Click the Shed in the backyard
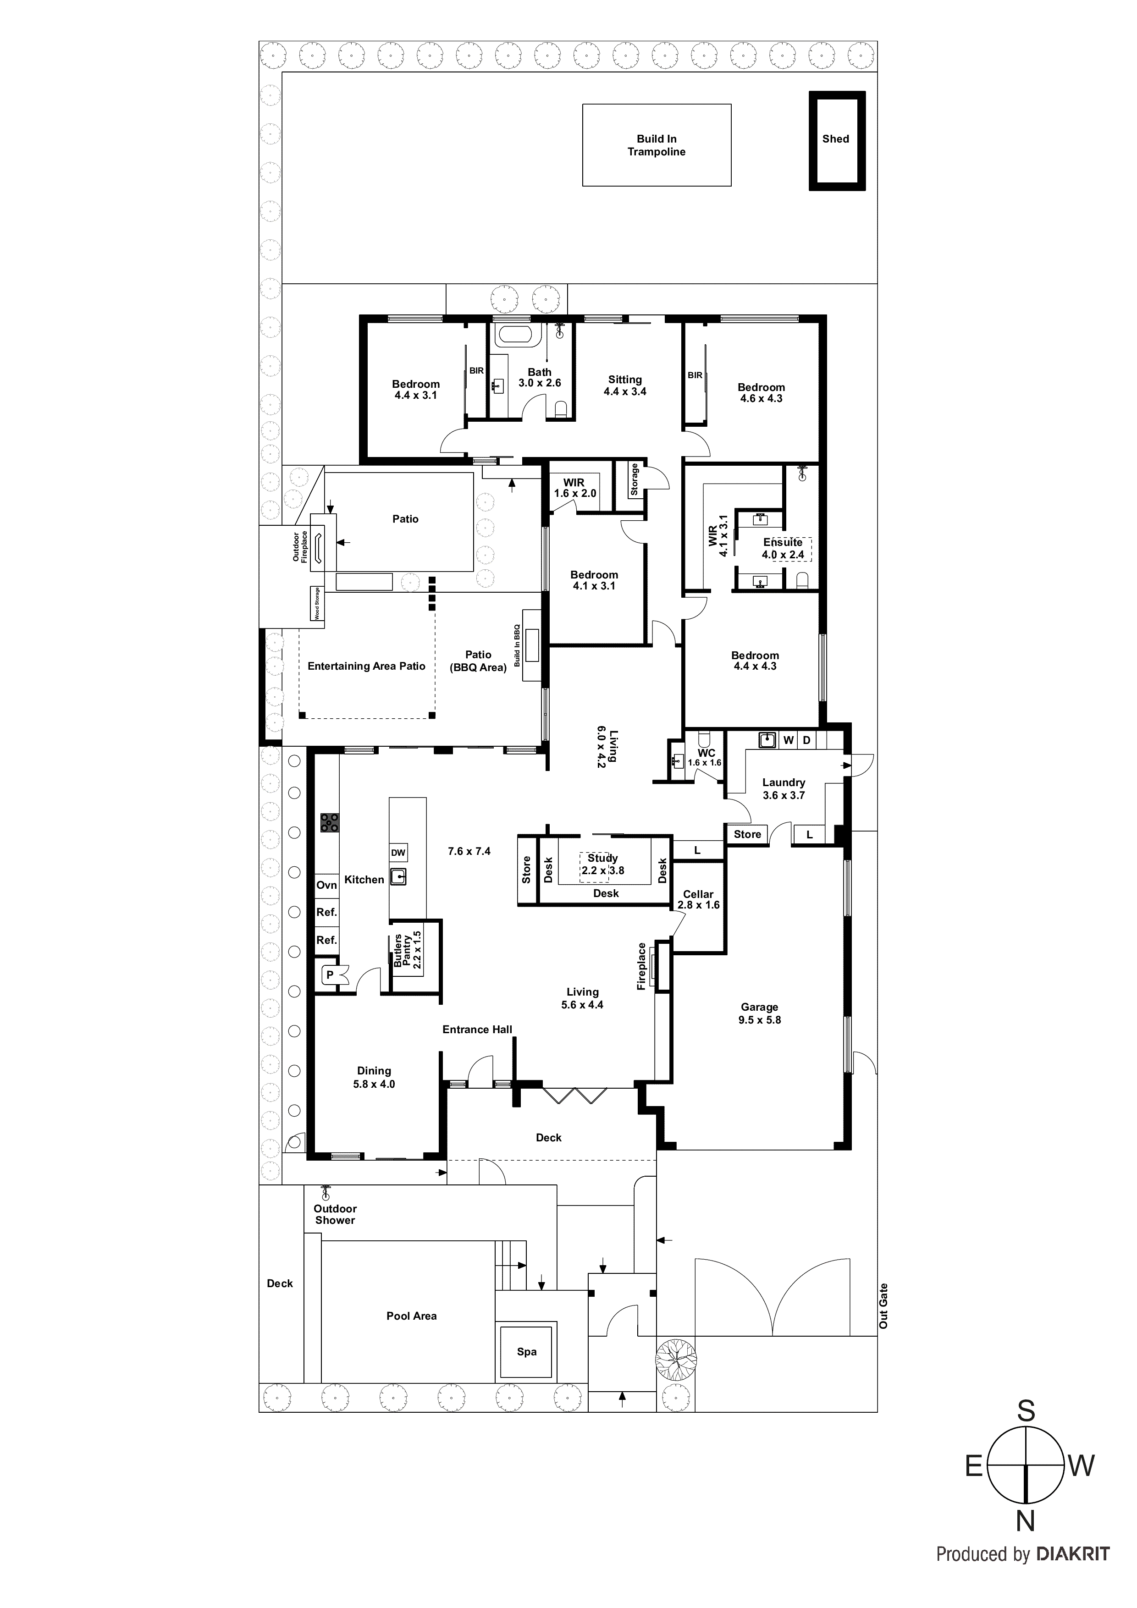836,140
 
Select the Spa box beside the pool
527,1352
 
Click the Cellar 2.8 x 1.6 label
698,899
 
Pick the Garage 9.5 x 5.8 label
759,1013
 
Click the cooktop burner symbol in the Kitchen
329,822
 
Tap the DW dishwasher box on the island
398,852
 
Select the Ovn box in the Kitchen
326,885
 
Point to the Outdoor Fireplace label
300,546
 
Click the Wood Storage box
317,604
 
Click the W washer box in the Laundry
789,740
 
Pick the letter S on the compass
1026,1411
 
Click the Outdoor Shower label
335,1214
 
